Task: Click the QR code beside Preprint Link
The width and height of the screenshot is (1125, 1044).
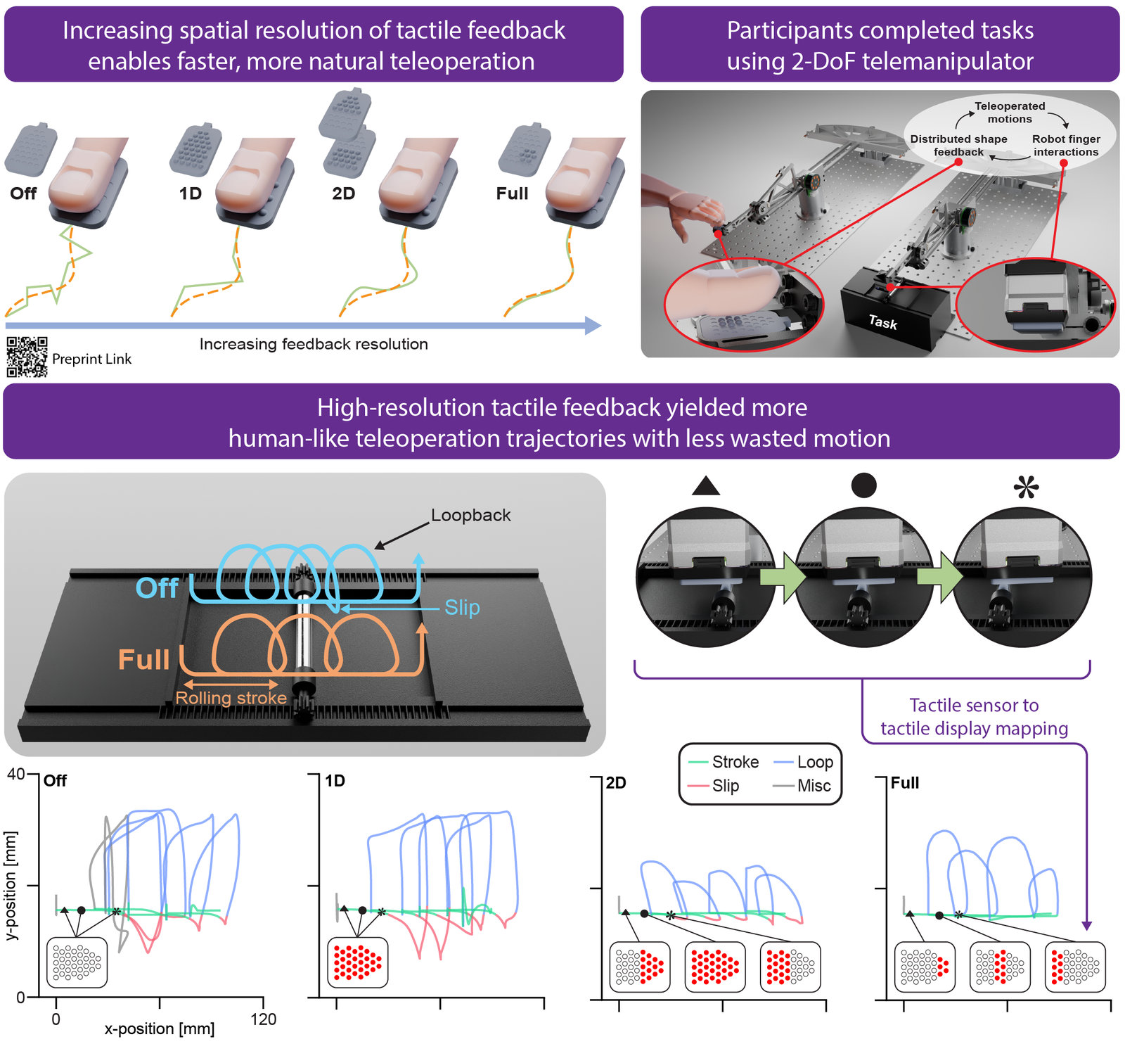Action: click(x=27, y=357)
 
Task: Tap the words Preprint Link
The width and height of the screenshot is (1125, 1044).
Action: click(x=91, y=359)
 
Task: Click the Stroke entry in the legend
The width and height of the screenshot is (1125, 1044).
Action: click(x=724, y=762)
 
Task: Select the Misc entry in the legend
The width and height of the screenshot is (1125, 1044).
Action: click(x=802, y=786)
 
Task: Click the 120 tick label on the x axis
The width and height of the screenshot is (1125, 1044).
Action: click(x=264, y=1019)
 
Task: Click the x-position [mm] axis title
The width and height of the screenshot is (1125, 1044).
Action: click(x=160, y=1029)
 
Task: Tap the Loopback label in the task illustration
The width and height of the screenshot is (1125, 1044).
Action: click(x=471, y=515)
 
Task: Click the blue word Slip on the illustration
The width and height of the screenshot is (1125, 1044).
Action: click(x=462, y=607)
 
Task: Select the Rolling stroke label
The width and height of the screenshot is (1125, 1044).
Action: click(x=231, y=698)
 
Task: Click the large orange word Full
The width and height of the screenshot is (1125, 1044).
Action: click(x=144, y=660)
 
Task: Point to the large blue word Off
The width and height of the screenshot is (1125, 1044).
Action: click(x=157, y=588)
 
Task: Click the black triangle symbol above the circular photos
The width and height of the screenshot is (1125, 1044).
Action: click(x=706, y=486)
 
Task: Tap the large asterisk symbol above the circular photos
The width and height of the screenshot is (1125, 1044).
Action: click(x=1027, y=486)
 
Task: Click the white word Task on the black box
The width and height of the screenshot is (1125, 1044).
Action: click(x=883, y=322)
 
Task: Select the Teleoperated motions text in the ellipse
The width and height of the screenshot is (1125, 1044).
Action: click(x=1010, y=113)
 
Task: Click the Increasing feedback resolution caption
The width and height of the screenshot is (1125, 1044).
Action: click(x=314, y=344)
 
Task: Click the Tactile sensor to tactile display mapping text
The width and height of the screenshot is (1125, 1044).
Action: click(x=975, y=717)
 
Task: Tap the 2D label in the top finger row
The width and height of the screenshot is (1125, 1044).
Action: click(x=344, y=193)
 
